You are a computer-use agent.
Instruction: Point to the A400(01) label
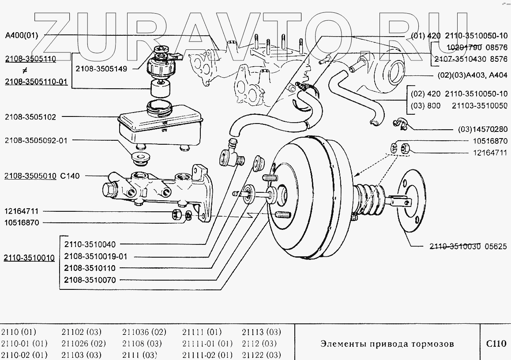pos(22,35)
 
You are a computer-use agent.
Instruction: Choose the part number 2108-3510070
pos(90,280)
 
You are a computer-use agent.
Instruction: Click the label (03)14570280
pos(483,130)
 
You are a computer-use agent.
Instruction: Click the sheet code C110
pos(496,344)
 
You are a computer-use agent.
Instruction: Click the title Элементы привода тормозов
pos(387,344)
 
